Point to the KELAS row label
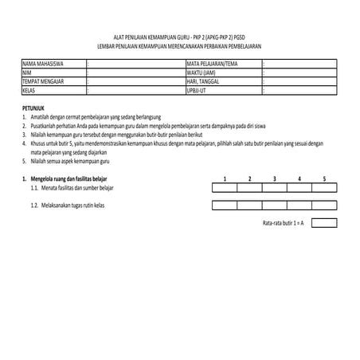pyautogui.click(x=29, y=90)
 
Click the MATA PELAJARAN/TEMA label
pyautogui.click(x=212, y=63)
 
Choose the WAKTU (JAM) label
pyautogui.click(x=201, y=72)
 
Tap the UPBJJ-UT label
pyautogui.click(x=197, y=90)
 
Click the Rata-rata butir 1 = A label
pyautogui.click(x=284, y=222)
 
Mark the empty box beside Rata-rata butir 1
pyautogui.click(x=324, y=222)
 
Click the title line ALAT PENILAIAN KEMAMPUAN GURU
pyautogui.click(x=179, y=37)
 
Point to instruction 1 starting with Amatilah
pyautogui.click(x=96, y=116)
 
